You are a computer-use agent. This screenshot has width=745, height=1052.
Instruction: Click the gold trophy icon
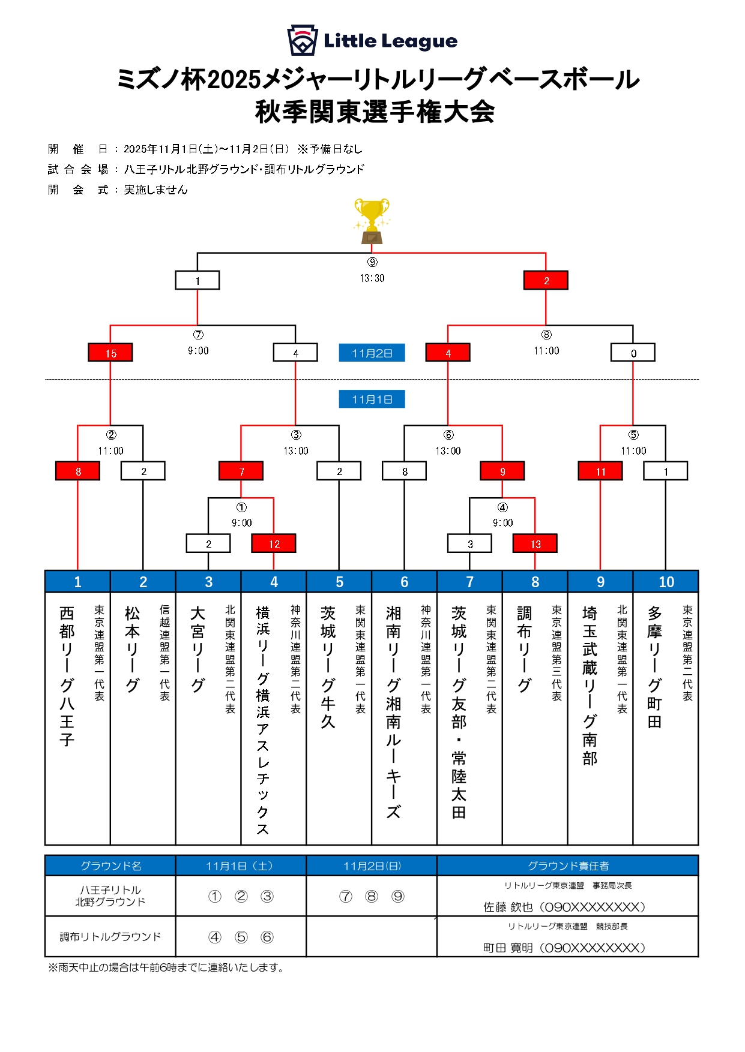coord(372,221)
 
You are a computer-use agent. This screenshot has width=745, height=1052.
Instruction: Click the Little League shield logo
coord(302,40)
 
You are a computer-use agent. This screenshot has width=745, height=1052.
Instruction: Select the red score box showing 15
coord(110,353)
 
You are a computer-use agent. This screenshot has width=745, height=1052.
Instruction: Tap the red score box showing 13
coord(535,543)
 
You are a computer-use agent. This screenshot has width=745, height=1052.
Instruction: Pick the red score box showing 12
coord(274,543)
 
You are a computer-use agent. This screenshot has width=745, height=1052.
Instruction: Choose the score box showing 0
coord(633,353)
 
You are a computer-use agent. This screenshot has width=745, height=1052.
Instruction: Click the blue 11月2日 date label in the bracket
coord(372,353)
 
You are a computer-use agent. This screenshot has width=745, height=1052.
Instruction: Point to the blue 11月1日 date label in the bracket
coord(372,399)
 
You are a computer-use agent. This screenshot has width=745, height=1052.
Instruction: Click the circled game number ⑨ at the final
coord(372,262)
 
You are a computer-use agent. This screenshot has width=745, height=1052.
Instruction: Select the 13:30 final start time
coord(372,278)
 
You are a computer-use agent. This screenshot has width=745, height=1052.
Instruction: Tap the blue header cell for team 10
coord(666,582)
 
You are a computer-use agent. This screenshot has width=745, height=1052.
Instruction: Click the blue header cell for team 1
coord(77,582)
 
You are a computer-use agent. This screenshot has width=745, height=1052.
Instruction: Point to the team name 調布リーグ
coord(524,649)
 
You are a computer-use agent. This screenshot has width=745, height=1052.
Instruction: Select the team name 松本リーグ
coord(132,649)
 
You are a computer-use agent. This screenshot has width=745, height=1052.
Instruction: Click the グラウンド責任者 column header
coord(567,865)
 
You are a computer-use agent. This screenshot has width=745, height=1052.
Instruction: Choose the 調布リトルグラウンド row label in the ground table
coord(110,936)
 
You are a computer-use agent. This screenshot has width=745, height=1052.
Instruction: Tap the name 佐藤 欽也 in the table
coord(508,907)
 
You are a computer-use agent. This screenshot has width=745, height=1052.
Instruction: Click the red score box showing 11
coord(600,471)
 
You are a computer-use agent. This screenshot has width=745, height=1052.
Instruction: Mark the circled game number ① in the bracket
coord(241,507)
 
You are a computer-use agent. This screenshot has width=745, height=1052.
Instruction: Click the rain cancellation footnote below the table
coord(166,967)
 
